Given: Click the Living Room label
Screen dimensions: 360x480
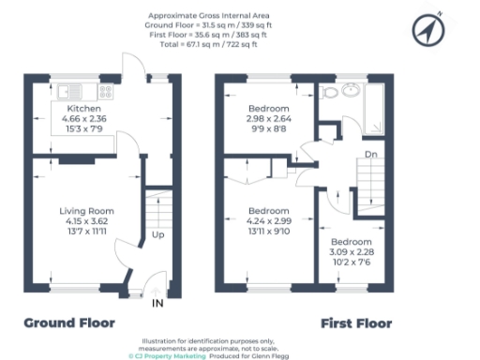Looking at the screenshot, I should click(x=86, y=211).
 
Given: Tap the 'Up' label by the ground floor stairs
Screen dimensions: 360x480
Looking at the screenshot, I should click(x=159, y=234).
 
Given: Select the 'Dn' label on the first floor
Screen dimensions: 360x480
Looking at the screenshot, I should click(x=372, y=156).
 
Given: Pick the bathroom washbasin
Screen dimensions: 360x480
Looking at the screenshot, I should click(x=351, y=91).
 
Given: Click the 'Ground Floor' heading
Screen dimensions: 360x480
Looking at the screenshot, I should click(x=69, y=323).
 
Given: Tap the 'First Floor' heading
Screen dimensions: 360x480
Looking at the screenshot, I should click(x=356, y=323).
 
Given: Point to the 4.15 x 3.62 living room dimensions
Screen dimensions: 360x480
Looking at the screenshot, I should click(x=86, y=221).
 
